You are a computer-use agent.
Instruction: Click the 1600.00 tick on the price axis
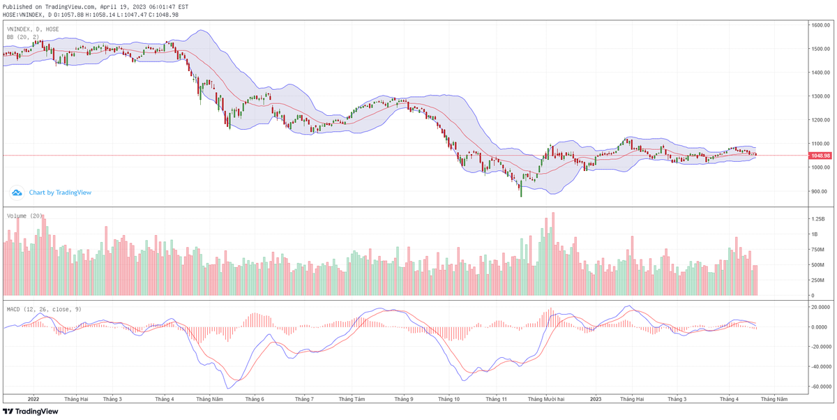click(819, 25)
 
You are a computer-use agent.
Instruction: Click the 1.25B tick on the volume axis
click(815, 219)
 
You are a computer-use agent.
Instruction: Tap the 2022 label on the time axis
click(33, 399)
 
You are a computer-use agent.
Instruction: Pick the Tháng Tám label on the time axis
click(352, 399)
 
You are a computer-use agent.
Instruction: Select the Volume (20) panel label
click(25, 216)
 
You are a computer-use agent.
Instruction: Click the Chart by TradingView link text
click(60, 193)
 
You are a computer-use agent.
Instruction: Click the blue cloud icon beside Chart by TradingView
click(17, 193)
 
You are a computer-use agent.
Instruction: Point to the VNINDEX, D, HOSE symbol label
click(33, 29)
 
